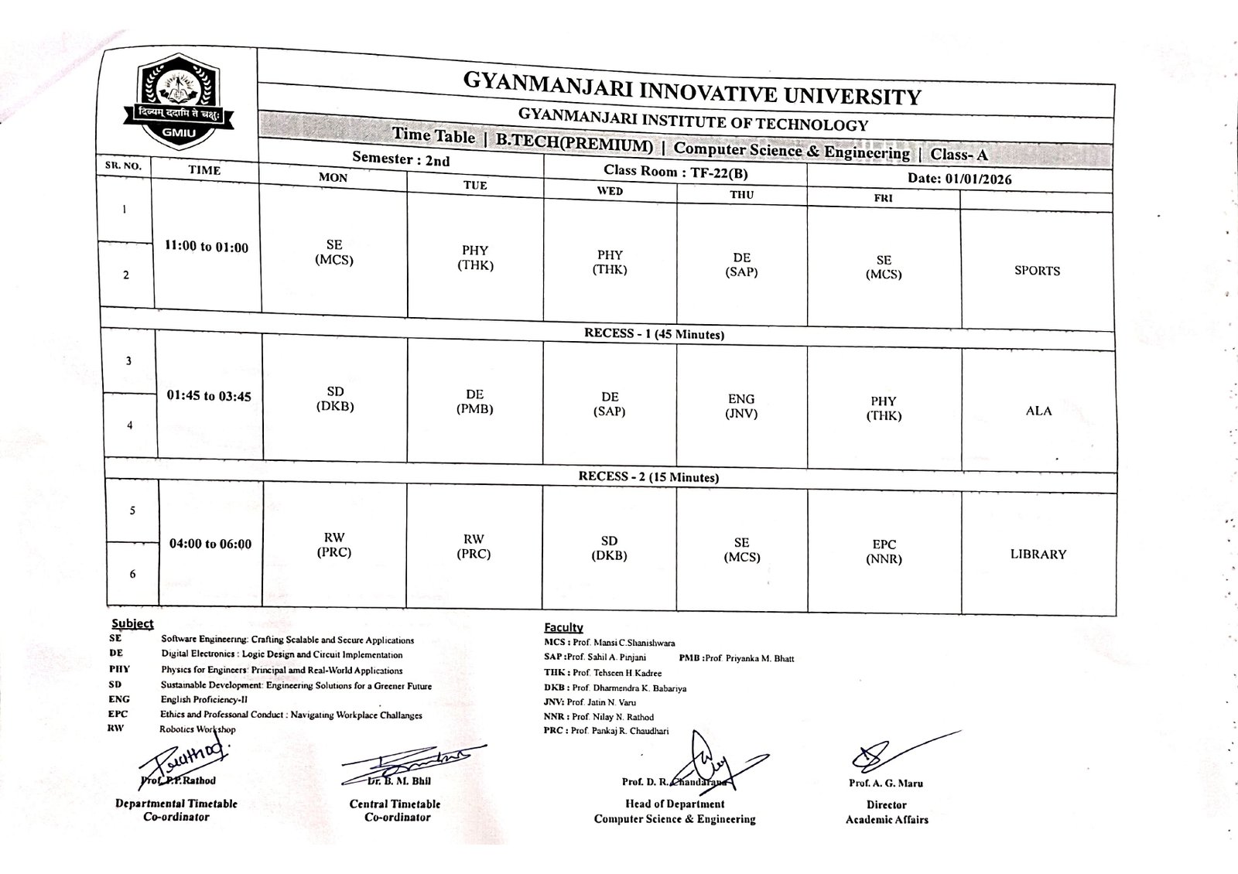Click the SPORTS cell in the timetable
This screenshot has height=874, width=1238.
tap(1037, 271)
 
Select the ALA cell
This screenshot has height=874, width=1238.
tap(1038, 411)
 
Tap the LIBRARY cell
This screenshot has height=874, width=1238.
tap(1038, 555)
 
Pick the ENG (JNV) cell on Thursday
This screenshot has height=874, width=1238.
tap(740, 406)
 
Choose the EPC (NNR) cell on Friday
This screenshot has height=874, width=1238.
tap(884, 551)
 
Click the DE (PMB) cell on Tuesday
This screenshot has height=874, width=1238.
tap(475, 401)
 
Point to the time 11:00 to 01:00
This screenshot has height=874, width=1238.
tap(207, 248)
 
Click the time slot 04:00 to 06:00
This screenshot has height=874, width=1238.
tap(210, 544)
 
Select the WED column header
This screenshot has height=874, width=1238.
tap(610, 191)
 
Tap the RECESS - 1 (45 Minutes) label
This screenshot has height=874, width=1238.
tap(654, 334)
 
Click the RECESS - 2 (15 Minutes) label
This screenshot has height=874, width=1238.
tap(648, 477)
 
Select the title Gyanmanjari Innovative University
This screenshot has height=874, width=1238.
tap(692, 87)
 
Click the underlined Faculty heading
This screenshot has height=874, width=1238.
tap(563, 627)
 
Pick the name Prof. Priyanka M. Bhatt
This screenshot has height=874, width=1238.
tap(749, 658)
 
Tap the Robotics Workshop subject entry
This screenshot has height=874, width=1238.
tap(197, 729)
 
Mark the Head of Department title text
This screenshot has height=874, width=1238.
tap(673, 804)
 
